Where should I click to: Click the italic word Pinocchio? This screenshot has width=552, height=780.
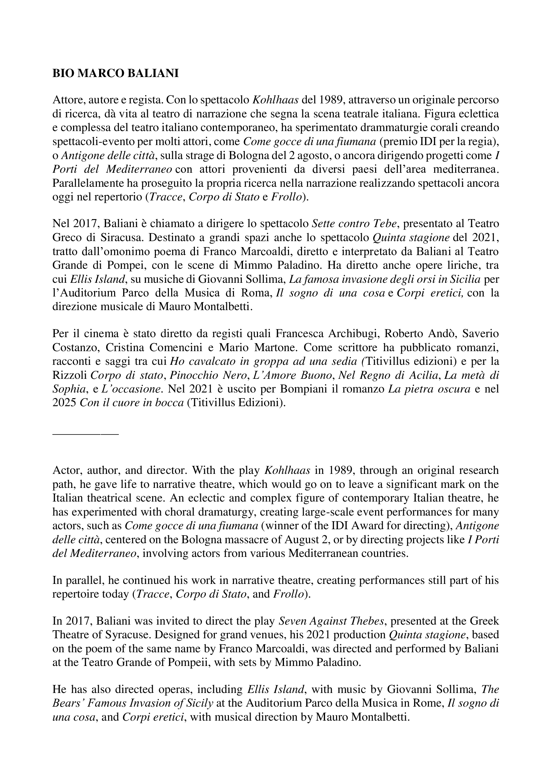[x=189, y=375]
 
